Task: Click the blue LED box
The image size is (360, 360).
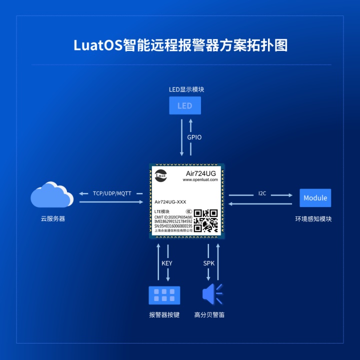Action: click(x=184, y=105)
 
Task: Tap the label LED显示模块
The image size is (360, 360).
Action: click(x=186, y=90)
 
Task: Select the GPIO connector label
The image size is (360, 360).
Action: click(x=194, y=137)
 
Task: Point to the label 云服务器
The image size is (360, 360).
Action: click(x=52, y=219)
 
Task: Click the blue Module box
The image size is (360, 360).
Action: click(x=315, y=198)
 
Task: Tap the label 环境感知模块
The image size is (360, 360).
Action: click(x=313, y=219)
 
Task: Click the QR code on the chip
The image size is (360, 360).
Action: click(x=205, y=220)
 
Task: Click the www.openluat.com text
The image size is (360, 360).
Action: click(x=200, y=179)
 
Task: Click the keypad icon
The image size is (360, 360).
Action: click(x=164, y=295)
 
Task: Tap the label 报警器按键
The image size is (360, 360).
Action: click(x=164, y=315)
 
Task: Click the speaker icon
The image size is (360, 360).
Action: click(x=212, y=294)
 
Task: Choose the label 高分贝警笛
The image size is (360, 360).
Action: click(x=209, y=315)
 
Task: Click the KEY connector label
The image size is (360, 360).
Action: click(x=167, y=263)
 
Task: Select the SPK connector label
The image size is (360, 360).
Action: click(x=209, y=263)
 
